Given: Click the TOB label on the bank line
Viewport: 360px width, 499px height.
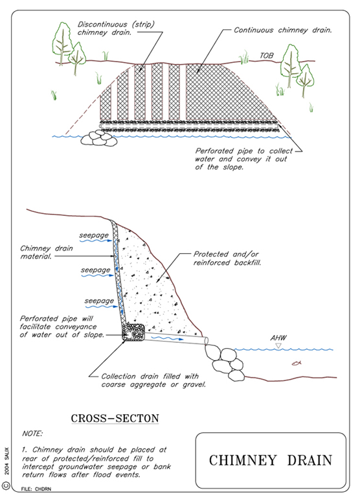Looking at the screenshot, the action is pyautogui.click(x=267, y=56).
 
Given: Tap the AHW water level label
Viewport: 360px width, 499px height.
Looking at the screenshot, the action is pyautogui.click(x=278, y=338).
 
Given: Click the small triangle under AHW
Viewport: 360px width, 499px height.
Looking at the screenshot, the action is pyautogui.click(x=278, y=345).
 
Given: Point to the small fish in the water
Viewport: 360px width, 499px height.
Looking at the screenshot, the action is pyautogui.click(x=297, y=363).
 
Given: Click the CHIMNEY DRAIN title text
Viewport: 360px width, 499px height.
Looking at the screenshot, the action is pyautogui.click(x=271, y=461).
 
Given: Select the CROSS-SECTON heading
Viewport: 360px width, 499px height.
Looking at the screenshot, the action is pyautogui.click(x=115, y=418).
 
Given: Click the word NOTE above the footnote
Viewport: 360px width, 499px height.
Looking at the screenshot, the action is pyautogui.click(x=32, y=434).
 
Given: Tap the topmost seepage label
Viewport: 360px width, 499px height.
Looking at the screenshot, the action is pyautogui.click(x=94, y=235).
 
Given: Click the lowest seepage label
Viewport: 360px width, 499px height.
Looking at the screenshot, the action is pyautogui.click(x=99, y=301).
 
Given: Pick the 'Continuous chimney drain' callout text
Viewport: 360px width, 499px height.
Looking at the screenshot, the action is pyautogui.click(x=283, y=30).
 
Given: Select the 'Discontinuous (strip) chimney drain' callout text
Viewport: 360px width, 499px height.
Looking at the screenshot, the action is pyautogui.click(x=116, y=29).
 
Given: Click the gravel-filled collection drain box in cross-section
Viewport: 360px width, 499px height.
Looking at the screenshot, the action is pyautogui.click(x=133, y=332).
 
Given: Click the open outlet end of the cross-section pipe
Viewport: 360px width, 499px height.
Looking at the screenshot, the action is pyautogui.click(x=206, y=341).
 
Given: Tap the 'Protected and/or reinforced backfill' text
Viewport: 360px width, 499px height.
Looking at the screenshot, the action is pyautogui.click(x=227, y=259).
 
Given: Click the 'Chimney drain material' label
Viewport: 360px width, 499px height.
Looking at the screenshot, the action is pyautogui.click(x=47, y=252).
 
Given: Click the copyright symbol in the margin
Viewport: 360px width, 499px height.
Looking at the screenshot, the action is pyautogui.click(x=6, y=485).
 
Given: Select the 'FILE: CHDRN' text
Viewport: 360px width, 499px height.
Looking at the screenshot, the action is pyautogui.click(x=36, y=489).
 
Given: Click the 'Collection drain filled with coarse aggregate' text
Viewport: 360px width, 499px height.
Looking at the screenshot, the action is pyautogui.click(x=153, y=380).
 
